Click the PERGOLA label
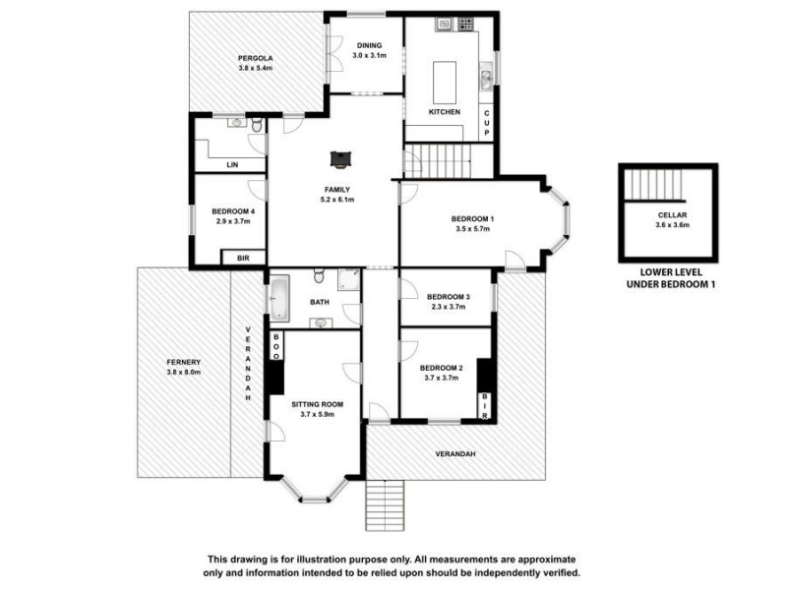tap(255, 58)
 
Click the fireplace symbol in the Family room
tap(340, 157)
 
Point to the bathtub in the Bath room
tap(277, 298)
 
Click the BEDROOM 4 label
tap(233, 210)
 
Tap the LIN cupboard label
tap(233, 164)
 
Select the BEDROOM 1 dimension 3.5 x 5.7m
tap(471, 229)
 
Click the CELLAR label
tap(672, 214)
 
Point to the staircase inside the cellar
tap(653, 184)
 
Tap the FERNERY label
tap(183, 362)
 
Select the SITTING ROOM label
tap(317, 403)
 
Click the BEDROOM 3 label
tap(448, 297)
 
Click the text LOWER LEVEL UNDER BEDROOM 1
tap(670, 277)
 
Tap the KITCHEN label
tap(444, 112)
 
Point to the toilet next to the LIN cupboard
tap(255, 126)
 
